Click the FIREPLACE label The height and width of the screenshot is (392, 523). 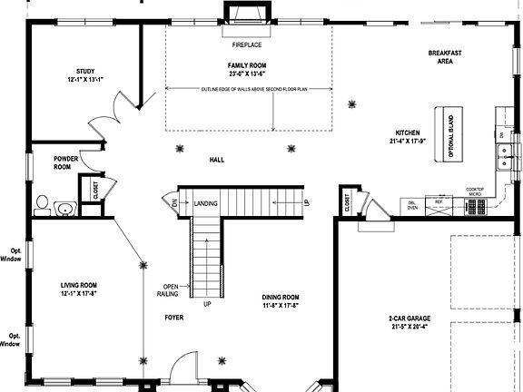point(247,44)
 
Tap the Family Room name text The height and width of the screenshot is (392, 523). point(247,66)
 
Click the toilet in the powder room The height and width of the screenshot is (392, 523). point(42,201)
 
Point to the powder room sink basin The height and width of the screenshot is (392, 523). point(64,210)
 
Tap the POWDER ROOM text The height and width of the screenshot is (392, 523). point(63,162)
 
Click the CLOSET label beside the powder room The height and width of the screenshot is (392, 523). point(95,190)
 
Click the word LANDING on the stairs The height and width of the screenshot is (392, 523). point(206,203)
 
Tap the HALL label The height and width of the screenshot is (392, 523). point(217,160)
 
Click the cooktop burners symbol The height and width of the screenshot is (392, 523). point(476,208)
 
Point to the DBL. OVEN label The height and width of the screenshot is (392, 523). point(413,204)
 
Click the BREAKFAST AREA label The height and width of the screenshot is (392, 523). point(446,57)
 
